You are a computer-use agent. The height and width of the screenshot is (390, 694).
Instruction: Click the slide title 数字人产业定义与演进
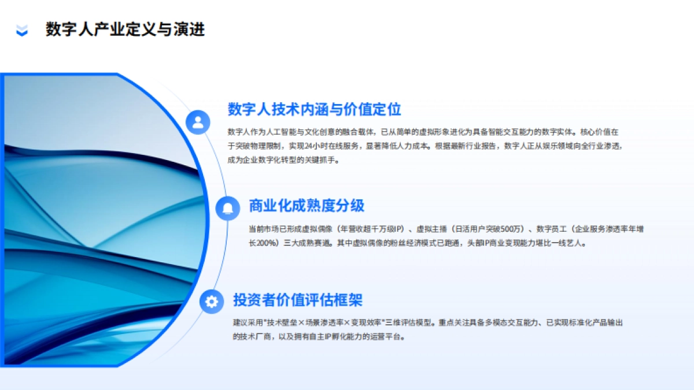tap(125, 30)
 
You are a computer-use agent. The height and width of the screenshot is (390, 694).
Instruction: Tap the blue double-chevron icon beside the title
tap(22, 30)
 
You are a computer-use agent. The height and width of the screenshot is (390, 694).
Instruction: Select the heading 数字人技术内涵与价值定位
tap(314, 109)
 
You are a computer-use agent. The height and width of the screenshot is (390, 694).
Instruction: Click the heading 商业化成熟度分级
tap(307, 205)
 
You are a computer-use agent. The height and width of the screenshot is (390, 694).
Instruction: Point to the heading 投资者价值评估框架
tap(298, 300)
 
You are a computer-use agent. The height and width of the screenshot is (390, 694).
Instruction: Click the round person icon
tap(198, 122)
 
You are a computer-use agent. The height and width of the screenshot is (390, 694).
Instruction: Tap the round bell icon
tap(228, 208)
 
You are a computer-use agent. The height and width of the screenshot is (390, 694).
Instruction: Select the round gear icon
tap(212, 301)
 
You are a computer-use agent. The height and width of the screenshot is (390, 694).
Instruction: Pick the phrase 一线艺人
tap(570, 243)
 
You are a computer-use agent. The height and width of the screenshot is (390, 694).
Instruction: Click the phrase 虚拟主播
tap(431, 229)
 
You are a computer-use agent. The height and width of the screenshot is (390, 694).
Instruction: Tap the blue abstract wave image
tap(98, 220)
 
